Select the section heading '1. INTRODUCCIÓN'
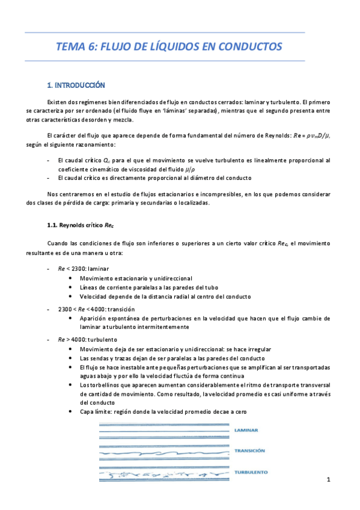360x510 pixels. coord(76,85)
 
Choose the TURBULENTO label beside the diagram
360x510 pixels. coord(251,473)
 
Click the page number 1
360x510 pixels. coord(329,479)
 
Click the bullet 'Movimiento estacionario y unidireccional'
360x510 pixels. coord(135,278)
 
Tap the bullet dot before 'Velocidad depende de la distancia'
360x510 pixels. coord(73,296)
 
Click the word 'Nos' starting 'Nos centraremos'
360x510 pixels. coord(52,194)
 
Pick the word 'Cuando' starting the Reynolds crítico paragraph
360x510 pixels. coord(58,243)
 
